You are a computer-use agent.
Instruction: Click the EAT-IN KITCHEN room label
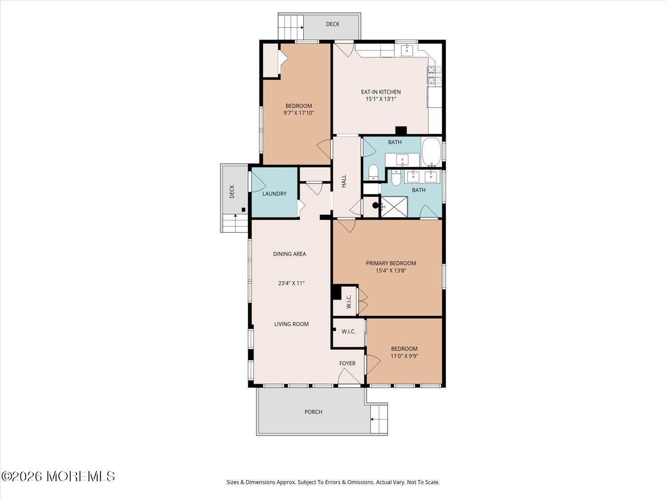(381, 92)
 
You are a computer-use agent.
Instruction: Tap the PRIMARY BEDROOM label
(391, 263)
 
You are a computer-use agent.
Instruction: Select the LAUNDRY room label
(274, 193)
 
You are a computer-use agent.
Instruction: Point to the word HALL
(344, 181)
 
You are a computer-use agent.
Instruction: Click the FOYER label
(347, 363)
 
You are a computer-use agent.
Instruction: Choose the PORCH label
(313, 412)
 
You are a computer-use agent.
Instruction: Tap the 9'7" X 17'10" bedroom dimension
(298, 113)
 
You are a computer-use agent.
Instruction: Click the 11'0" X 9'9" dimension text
(404, 356)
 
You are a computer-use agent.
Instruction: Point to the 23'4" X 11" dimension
(291, 283)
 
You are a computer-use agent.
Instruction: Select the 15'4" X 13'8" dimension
(391, 271)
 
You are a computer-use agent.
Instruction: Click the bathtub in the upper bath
(431, 152)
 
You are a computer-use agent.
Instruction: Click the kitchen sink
(407, 51)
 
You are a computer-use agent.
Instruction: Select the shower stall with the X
(394, 207)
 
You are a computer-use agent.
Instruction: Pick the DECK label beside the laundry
(232, 192)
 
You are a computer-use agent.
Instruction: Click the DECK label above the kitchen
(333, 24)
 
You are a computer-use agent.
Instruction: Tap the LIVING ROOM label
(291, 324)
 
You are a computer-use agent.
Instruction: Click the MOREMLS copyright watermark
(58, 476)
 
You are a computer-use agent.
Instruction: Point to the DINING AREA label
(289, 254)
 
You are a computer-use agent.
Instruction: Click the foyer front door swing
(349, 377)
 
